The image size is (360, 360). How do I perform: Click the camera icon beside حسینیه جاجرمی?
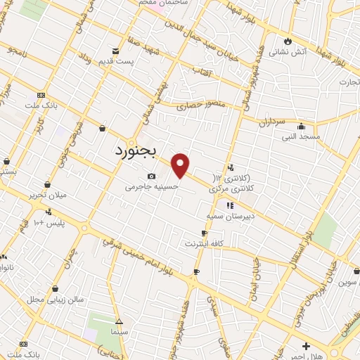[x=150, y=176]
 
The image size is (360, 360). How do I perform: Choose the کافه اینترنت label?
[x=204, y=243]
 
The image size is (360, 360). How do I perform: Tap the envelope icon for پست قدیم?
[x=116, y=50]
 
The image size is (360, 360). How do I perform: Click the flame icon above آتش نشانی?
[x=287, y=39]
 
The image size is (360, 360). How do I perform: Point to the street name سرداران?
[x=274, y=122]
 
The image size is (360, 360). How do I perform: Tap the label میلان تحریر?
[x=47, y=193]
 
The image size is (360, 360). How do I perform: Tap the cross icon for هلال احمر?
[x=305, y=346]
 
